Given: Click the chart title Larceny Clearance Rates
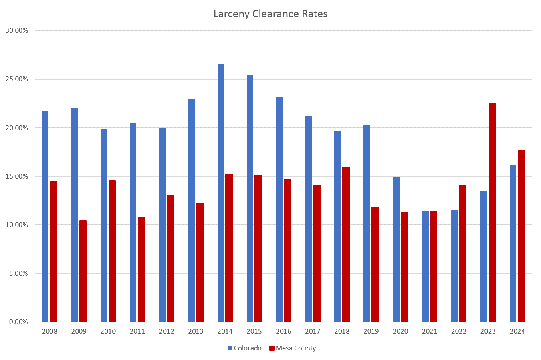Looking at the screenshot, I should [270, 14].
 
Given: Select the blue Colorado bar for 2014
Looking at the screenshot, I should [221, 192].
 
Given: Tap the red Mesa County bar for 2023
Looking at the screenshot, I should [492, 212].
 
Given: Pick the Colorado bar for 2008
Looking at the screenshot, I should [45, 216].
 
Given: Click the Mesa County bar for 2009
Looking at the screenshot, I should [83, 271].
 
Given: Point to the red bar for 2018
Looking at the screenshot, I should [346, 244].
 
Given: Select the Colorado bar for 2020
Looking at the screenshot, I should [396, 249].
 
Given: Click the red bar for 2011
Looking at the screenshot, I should [141, 269].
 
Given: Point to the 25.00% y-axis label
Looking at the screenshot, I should [17, 79].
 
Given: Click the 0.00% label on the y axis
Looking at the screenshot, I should [18, 322].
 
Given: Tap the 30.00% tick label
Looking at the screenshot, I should [17, 31].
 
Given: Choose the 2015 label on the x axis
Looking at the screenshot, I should [254, 331].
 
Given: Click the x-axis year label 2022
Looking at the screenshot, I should [459, 331].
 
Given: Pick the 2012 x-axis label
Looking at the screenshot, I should [167, 331].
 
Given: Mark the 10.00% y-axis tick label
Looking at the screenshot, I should [17, 225].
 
